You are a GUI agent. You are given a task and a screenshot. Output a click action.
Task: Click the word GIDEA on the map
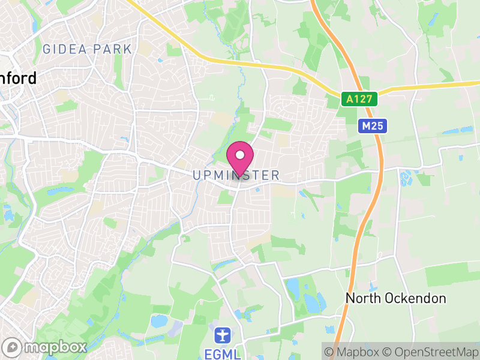pos(64,49)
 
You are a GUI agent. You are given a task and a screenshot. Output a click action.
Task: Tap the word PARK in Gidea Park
pos(112,49)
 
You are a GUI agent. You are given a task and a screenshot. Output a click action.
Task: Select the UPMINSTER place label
pos(236,175)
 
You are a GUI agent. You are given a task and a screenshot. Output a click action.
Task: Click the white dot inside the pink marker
pos(240,155)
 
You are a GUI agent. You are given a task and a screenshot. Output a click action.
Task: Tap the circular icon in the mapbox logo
pos(13,347)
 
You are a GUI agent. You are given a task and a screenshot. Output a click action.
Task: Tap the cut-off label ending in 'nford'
pos(18,78)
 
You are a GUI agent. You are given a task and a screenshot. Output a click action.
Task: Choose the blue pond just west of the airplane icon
pos(159,321)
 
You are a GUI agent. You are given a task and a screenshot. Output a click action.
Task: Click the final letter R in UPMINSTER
pos(275,175)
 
